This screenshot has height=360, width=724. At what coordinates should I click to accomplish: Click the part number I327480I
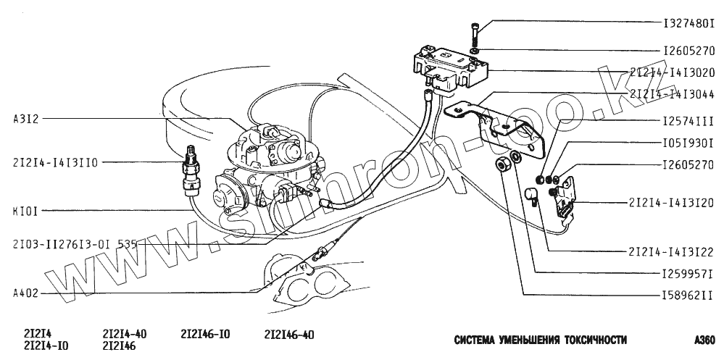(x=688, y=24)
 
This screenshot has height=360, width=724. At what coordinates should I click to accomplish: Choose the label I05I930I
(x=688, y=142)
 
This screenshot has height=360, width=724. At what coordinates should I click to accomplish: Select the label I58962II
(x=688, y=296)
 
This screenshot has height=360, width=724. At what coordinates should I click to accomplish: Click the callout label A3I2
(x=26, y=117)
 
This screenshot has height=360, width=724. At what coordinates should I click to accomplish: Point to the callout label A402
(x=26, y=293)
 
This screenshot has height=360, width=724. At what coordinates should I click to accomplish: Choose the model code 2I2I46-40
(x=289, y=334)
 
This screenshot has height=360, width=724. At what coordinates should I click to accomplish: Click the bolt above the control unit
(x=474, y=33)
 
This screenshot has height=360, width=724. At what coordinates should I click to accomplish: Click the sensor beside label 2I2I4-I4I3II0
(x=191, y=174)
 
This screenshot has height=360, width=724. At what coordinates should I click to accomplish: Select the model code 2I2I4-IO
(x=46, y=346)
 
